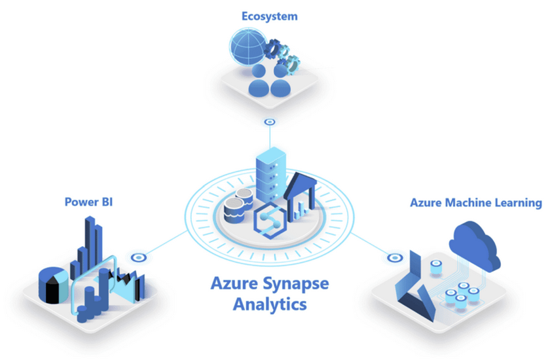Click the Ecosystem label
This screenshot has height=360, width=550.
point(269,16)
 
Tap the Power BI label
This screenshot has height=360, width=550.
point(89,202)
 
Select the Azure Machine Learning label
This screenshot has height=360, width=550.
point(476,203)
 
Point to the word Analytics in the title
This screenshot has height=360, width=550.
point(270,304)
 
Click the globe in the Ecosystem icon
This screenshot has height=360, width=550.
point(248,47)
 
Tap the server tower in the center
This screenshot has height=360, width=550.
point(271,175)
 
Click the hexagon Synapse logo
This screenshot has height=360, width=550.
point(270,221)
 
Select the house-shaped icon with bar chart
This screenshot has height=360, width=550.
point(301,196)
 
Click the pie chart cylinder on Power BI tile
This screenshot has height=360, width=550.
point(53,285)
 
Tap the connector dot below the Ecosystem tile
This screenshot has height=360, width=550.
point(270,122)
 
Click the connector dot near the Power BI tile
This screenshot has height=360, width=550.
point(139,258)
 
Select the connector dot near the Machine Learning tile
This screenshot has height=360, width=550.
point(395,258)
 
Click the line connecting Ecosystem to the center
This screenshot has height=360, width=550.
point(270,137)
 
